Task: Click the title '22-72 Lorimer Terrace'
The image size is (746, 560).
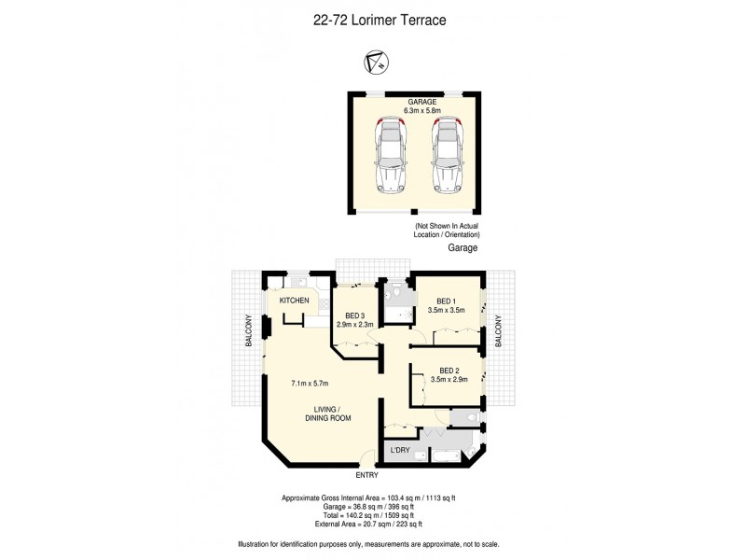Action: pos(373,18)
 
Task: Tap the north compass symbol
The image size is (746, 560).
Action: pos(375,63)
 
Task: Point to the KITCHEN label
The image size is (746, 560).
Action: pos(294,300)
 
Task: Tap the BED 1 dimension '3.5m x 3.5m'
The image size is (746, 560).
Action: pos(447,310)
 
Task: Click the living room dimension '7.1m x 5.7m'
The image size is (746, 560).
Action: pos(311,383)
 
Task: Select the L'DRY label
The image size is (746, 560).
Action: pos(400,451)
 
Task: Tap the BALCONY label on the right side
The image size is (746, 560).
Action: pos(499,330)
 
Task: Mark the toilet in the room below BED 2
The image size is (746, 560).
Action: pos(470,415)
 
